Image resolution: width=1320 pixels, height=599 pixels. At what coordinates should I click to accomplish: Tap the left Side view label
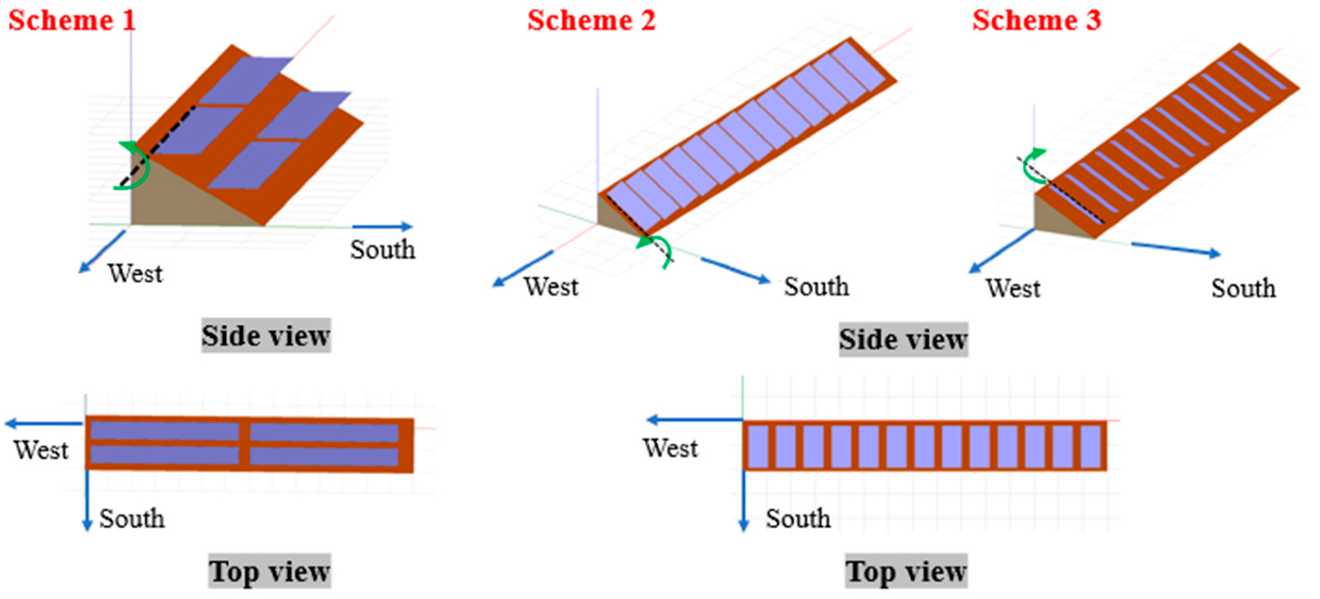[x=266, y=336]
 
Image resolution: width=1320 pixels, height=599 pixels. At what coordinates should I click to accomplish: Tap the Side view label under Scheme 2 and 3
[x=903, y=339]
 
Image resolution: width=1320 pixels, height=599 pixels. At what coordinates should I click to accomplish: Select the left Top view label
[x=270, y=571]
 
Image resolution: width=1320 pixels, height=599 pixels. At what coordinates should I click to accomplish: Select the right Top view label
[x=906, y=571]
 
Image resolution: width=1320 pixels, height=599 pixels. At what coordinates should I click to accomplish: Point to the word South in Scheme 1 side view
[x=382, y=250]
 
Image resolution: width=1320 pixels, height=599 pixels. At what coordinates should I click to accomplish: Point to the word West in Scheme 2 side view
[x=551, y=286]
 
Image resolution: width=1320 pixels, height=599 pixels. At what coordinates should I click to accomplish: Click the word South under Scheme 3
[x=1243, y=288]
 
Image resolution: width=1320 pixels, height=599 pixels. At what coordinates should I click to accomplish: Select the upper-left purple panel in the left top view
[x=165, y=431]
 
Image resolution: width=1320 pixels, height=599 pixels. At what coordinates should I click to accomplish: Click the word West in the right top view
[x=670, y=448]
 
